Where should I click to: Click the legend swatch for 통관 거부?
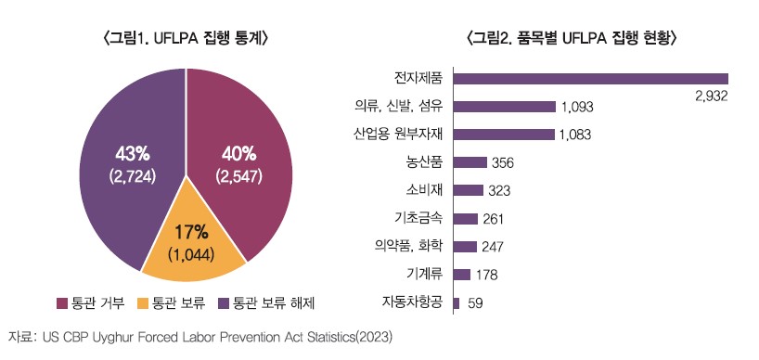tap(62, 303)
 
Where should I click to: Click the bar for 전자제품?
tap(590, 79)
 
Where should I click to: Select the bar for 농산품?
tap(470, 162)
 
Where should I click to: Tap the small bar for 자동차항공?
tap(456, 302)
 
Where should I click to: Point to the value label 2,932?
tap(711, 96)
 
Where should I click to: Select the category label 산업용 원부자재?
tap(398, 134)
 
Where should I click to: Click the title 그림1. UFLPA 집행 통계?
tap(186, 38)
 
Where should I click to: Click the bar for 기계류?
tap(461, 275)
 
